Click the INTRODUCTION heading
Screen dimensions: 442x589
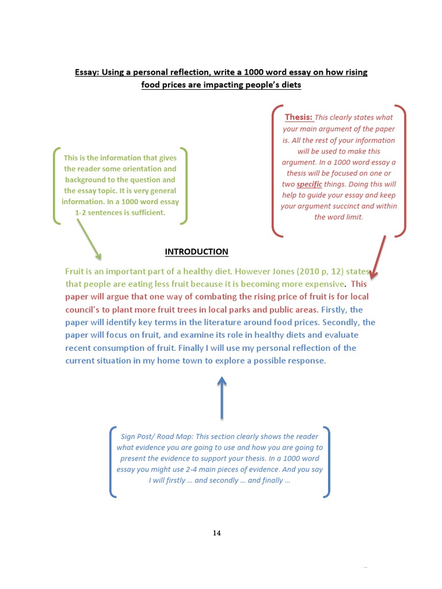(196, 252)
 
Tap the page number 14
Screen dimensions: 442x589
(217, 533)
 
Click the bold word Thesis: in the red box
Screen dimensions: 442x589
(299, 117)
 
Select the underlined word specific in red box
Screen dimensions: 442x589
(309, 185)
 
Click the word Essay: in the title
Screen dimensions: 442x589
(87, 72)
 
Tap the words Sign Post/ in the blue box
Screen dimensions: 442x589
(139, 436)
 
